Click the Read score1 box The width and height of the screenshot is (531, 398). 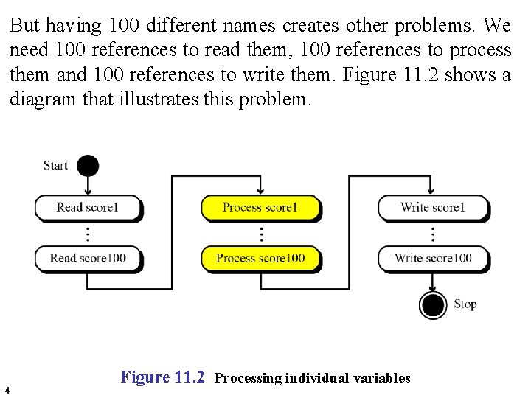pos(87,207)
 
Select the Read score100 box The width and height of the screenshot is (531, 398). pos(87,258)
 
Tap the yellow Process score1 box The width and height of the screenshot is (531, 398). pos(260,207)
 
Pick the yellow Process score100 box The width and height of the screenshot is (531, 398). pos(260,258)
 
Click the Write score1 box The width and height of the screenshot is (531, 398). pos(433,207)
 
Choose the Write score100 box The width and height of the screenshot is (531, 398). pos(433,258)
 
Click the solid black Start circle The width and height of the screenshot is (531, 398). pos(88,165)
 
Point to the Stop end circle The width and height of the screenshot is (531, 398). pos(433,304)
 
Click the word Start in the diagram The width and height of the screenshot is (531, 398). pos(56,165)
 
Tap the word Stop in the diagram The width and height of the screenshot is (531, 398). pos(465,304)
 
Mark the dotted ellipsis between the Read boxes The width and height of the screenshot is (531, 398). pos(88,234)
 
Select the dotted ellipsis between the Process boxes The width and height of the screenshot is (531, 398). pos(260,234)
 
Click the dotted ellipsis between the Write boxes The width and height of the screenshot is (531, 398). pos(433,234)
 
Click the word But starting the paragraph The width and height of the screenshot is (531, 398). pos(25,26)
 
